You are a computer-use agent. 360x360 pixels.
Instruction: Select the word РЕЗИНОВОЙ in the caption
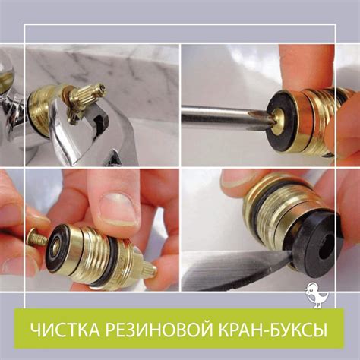click(158, 330)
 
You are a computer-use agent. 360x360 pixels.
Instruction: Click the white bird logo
click(317, 295)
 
